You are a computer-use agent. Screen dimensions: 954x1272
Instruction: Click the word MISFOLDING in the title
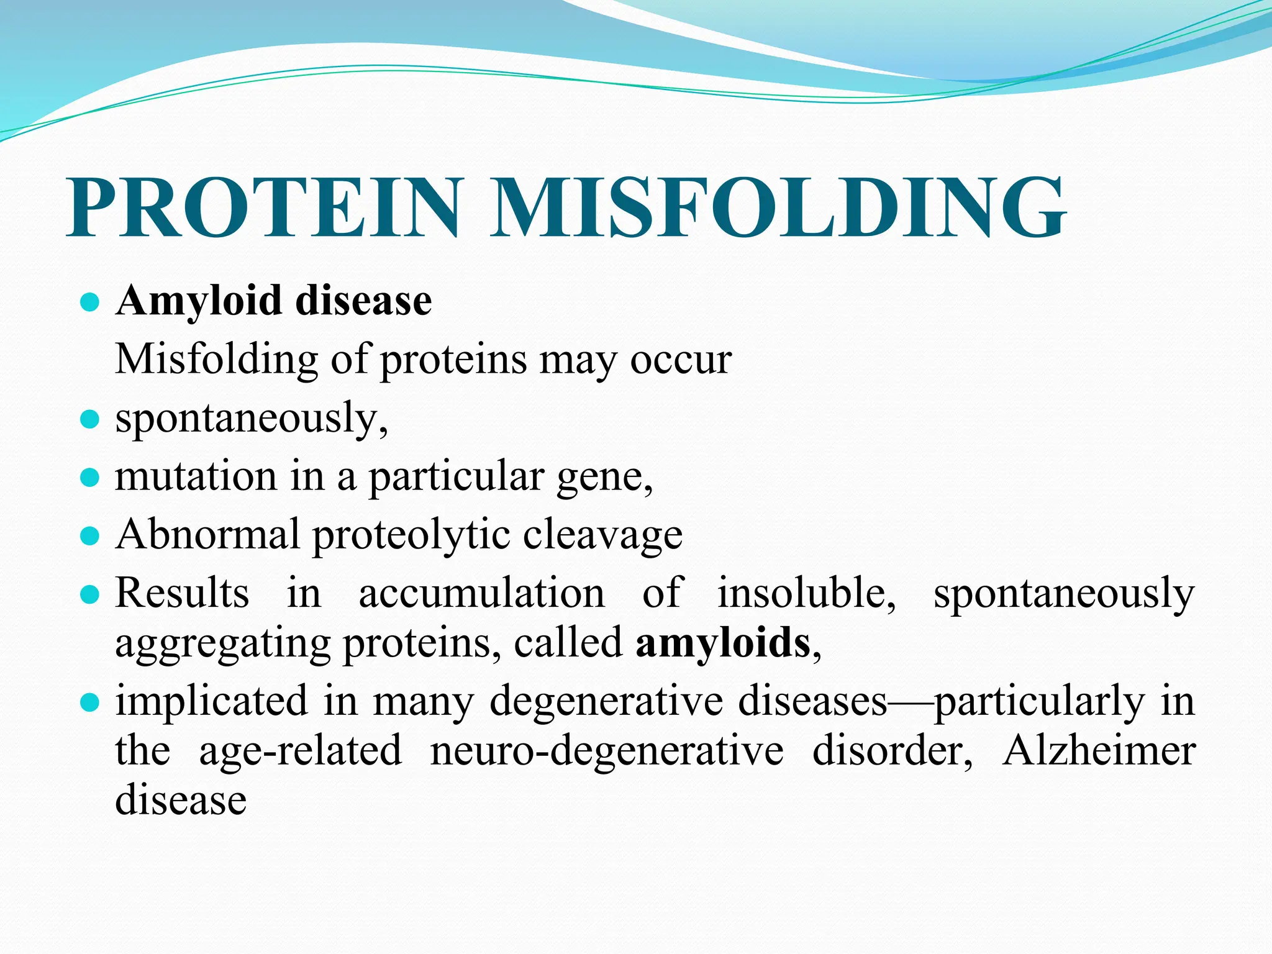pyautogui.click(x=779, y=207)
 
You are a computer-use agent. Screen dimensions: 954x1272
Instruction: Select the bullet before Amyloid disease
pyautogui.click(x=91, y=302)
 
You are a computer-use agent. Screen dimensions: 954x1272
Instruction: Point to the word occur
pyautogui.click(x=681, y=360)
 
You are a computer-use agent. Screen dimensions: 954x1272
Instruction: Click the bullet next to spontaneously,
pyautogui.click(x=91, y=419)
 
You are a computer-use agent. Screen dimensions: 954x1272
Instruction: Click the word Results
pyautogui.click(x=183, y=593)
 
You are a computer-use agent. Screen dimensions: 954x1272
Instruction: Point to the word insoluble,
pyautogui.click(x=806, y=593)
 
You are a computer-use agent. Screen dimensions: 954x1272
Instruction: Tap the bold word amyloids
pyautogui.click(x=723, y=643)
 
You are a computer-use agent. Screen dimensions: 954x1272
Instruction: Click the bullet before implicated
pyautogui.click(x=91, y=703)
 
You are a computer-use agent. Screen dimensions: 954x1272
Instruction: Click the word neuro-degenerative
pyautogui.click(x=607, y=752)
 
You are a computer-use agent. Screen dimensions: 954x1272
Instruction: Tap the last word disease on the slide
pyautogui.click(x=181, y=800)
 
